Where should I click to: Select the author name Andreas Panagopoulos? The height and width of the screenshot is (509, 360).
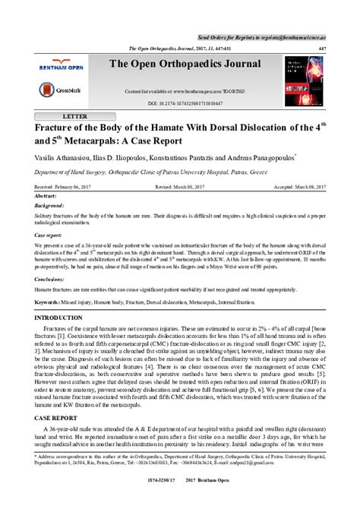[x=259, y=159]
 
